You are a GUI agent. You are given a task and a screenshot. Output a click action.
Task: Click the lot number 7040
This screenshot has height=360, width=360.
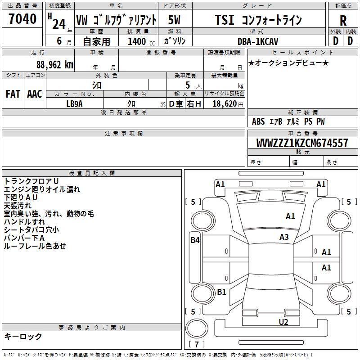(22, 19)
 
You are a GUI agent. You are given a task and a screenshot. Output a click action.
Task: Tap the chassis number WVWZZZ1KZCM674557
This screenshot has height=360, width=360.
(302, 143)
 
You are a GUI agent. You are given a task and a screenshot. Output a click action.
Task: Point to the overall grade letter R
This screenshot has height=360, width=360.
(343, 20)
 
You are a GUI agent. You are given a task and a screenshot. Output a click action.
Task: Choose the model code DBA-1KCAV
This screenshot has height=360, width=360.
(258, 41)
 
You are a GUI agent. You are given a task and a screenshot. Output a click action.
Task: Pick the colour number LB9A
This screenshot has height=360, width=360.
(74, 103)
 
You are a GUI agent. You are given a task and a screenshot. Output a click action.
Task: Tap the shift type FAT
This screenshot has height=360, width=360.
(13, 94)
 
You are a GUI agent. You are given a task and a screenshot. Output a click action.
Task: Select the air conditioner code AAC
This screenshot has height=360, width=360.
(35, 94)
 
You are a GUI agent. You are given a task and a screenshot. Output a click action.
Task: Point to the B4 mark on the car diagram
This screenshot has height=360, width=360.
(194, 240)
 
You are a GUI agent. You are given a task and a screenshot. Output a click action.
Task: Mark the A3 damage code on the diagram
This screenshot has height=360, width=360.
(284, 237)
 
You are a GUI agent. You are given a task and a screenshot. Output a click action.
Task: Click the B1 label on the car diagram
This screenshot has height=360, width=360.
(221, 292)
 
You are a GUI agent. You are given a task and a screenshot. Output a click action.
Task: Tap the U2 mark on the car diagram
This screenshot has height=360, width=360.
(283, 322)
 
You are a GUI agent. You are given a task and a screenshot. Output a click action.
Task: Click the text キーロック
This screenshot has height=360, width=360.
(23, 336)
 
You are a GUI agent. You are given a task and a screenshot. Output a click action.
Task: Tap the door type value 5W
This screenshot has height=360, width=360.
(175, 20)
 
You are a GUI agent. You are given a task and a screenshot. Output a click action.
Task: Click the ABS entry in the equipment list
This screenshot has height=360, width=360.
(258, 121)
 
